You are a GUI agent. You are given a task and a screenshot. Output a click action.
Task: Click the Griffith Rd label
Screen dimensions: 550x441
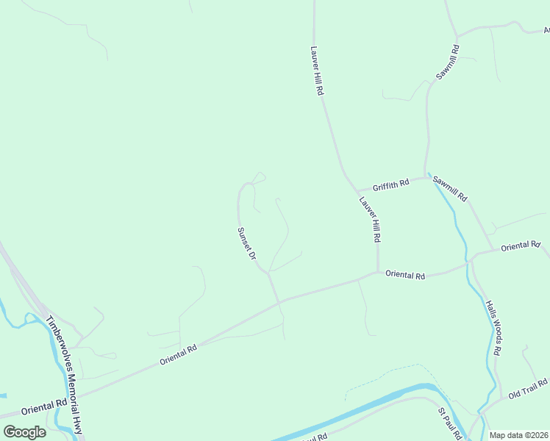point(390,184)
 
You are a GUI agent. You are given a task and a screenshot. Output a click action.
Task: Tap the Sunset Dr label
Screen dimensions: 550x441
point(246,243)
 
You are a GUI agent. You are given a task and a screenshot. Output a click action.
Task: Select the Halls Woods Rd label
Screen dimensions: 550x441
point(493,328)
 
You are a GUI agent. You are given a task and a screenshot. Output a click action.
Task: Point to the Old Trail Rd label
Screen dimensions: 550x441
point(528,389)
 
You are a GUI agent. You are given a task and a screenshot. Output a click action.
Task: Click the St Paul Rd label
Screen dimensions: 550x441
point(449,423)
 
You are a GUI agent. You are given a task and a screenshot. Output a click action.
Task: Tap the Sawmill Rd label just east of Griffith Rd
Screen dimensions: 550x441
point(449,189)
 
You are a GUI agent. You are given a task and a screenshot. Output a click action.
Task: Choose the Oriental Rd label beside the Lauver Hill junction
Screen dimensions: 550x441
point(405,276)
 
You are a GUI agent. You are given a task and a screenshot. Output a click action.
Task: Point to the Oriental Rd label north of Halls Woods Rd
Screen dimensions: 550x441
point(520,246)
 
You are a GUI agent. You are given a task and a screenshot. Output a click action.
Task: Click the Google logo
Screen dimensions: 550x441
point(24,431)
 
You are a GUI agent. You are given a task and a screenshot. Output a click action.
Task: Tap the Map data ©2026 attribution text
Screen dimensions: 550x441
point(518,435)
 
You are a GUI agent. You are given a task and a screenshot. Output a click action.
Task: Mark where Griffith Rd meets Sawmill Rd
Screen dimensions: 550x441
point(426,176)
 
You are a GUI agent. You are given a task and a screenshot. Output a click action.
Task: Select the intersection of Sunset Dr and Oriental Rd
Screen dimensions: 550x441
point(279,301)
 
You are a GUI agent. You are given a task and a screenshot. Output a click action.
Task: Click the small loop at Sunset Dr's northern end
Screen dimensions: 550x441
point(257,178)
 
